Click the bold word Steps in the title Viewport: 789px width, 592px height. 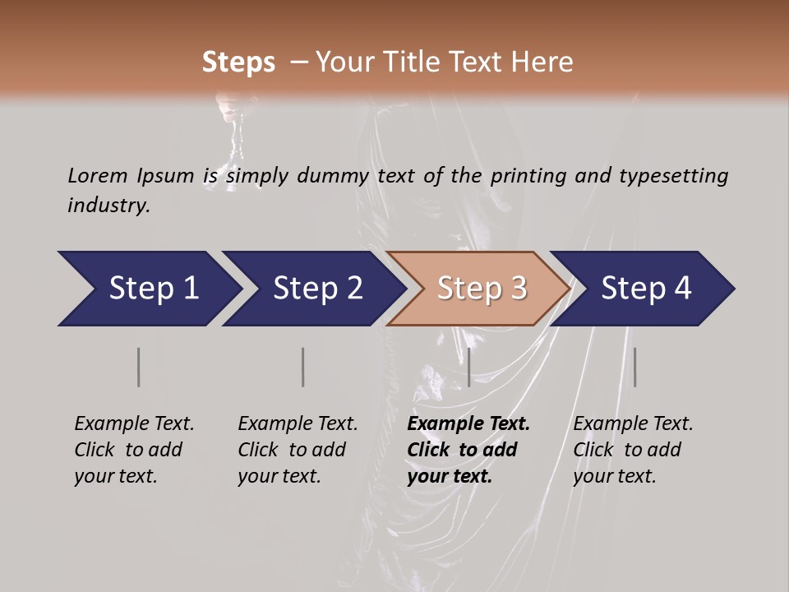[x=238, y=62]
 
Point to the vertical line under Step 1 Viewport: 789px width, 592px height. [x=139, y=367]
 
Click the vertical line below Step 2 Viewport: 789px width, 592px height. [x=303, y=367]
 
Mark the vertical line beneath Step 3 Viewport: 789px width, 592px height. [x=468, y=367]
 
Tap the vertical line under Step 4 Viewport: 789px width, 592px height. [x=634, y=367]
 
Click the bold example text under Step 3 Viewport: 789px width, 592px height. [x=468, y=450]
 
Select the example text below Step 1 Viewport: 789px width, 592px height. [x=134, y=450]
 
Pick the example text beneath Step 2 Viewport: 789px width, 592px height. [x=298, y=450]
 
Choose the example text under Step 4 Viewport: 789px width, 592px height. [x=633, y=450]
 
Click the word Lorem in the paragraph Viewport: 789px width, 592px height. [x=98, y=175]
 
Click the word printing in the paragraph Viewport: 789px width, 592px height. [x=528, y=175]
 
